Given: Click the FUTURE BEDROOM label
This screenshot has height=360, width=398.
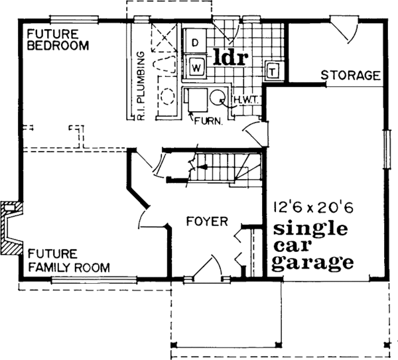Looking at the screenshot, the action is pyautogui.click(x=58, y=40).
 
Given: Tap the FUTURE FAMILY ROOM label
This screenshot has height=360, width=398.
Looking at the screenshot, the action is pyautogui.click(x=69, y=261).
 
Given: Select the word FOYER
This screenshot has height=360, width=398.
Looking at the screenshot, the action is pyautogui.click(x=208, y=221).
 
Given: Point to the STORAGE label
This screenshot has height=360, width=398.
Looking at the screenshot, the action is pyautogui.click(x=351, y=76).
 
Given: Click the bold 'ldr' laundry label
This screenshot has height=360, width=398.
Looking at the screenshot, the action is pyautogui.click(x=230, y=57).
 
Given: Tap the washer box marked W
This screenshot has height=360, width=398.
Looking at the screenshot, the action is pyautogui.click(x=196, y=68).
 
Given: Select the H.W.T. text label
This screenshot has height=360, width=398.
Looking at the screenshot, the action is pyautogui.click(x=246, y=100).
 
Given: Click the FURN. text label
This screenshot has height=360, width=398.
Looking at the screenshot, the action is pyautogui.click(x=208, y=121).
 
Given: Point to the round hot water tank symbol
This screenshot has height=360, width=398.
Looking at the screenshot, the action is pyautogui.click(x=218, y=97).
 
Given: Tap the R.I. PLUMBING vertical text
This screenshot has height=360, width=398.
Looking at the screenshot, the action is pyautogui.click(x=141, y=86).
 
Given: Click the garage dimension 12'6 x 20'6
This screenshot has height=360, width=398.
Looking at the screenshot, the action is pyautogui.click(x=314, y=208).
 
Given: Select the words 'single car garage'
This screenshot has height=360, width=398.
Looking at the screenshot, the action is pyautogui.click(x=312, y=247).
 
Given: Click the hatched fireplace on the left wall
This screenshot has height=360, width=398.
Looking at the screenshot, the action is pyautogui.click(x=11, y=228).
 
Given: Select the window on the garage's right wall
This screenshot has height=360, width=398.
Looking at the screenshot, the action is pyautogui.click(x=387, y=149).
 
